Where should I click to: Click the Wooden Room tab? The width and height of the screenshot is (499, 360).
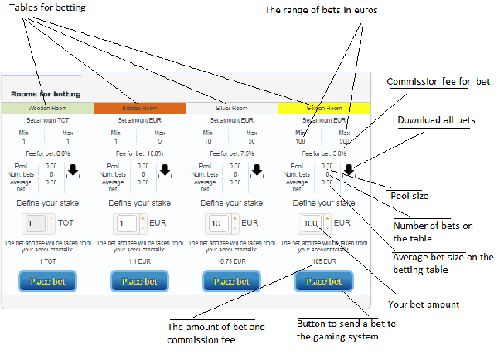[47, 108]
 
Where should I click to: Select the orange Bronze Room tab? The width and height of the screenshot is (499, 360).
[139, 108]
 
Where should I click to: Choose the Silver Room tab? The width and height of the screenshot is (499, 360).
[231, 108]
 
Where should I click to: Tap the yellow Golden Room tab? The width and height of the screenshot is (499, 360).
[322, 108]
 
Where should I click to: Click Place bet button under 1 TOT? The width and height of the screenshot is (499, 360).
[47, 281]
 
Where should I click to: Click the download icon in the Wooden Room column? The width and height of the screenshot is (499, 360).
[73, 171]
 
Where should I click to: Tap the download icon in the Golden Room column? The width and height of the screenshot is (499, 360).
[349, 171]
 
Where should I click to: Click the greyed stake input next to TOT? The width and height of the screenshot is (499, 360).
[35, 224]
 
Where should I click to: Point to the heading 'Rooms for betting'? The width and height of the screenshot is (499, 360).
[40, 94]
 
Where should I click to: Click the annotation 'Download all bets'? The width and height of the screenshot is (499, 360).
[436, 121]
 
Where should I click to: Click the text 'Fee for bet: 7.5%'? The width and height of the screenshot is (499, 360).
[230, 153]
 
